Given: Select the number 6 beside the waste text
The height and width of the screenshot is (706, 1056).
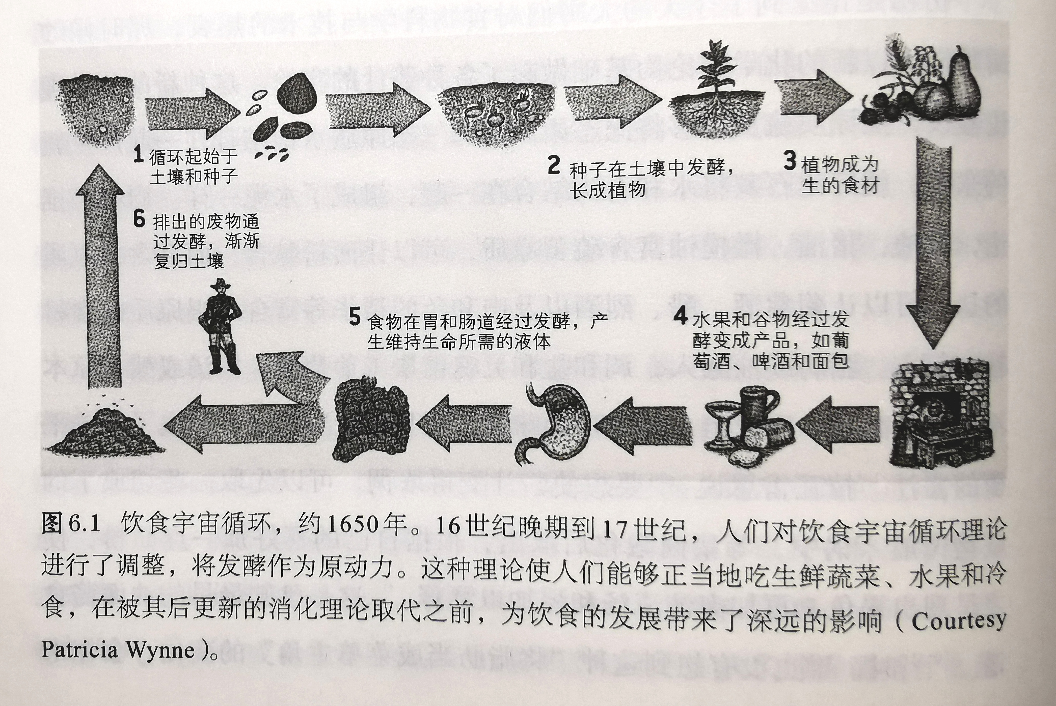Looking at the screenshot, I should (x=139, y=219).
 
